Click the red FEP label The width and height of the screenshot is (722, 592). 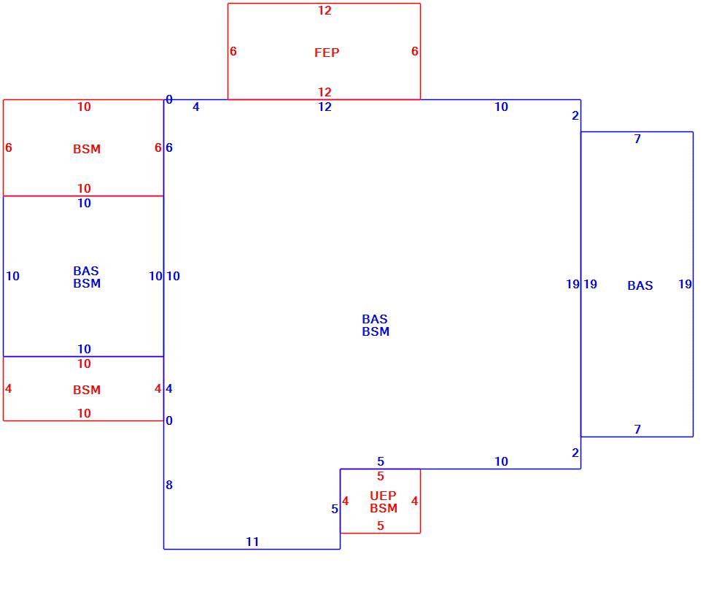tap(327, 53)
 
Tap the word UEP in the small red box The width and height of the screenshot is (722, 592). tap(383, 496)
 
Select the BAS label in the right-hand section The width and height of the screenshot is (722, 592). tap(640, 285)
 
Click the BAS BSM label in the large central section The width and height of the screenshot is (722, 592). tap(376, 325)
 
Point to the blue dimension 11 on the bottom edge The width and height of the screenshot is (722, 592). tap(252, 542)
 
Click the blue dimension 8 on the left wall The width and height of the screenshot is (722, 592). tap(169, 485)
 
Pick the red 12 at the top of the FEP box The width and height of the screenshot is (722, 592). tap(325, 11)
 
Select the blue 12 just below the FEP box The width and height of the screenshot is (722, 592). tap(325, 107)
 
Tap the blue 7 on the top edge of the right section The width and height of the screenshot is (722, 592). tap(637, 139)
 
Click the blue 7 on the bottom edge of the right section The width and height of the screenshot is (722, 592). tap(637, 429)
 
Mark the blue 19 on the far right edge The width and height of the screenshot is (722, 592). tap(685, 284)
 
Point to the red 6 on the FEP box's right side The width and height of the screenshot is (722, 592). tap(414, 51)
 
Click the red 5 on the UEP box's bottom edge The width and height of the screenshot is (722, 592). tap(381, 526)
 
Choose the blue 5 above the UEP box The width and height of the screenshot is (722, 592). tap(381, 461)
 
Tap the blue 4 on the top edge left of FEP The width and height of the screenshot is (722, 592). tap(196, 107)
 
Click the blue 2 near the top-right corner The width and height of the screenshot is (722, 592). tap(575, 116)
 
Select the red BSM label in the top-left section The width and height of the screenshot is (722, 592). tap(87, 149)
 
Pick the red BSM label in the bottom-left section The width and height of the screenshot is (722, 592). tap(87, 390)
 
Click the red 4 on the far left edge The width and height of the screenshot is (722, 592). tap(8, 388)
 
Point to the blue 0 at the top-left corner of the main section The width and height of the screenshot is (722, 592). tap(169, 99)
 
